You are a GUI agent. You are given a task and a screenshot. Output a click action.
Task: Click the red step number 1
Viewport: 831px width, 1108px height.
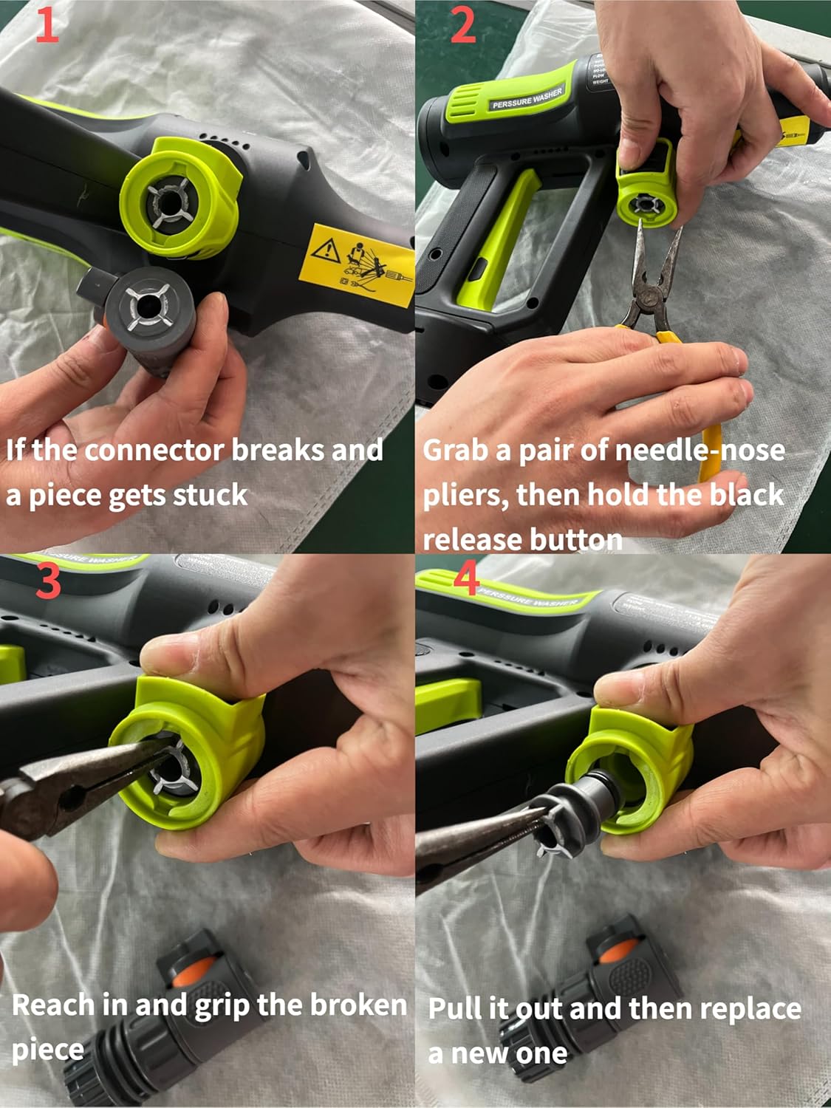(x=46, y=27)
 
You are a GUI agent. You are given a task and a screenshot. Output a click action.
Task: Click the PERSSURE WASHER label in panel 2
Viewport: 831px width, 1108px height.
(x=527, y=98)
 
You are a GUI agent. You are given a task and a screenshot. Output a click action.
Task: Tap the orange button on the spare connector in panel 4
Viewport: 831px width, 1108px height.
(x=611, y=953)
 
